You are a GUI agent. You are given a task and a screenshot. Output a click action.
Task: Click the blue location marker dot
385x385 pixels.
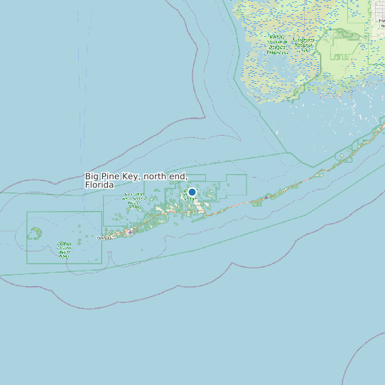(192, 192)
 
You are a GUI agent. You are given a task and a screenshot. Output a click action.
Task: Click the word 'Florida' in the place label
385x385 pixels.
(99, 185)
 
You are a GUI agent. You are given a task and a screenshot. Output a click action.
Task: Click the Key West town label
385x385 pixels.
(104, 238)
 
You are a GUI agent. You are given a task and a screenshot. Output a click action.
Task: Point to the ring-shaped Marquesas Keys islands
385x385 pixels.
(35, 232)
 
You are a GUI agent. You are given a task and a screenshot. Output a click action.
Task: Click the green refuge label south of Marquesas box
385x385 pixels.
(64, 249)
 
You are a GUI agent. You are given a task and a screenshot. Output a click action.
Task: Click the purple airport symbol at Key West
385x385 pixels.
(129, 231)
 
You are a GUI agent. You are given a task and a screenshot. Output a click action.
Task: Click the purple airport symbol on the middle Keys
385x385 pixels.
(266, 197)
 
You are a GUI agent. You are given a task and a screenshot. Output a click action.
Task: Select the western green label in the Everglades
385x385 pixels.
(277, 44)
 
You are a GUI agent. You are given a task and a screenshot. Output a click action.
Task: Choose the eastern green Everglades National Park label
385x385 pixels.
(304, 45)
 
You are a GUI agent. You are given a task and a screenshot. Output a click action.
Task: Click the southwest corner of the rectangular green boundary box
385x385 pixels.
(27, 264)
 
